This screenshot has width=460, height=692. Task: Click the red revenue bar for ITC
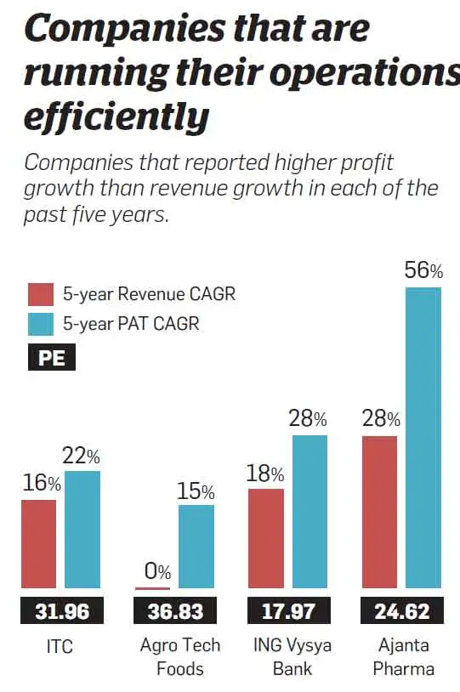click(38, 544)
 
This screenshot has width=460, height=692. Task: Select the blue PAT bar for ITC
click(82, 530)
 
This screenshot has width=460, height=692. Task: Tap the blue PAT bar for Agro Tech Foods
click(196, 547)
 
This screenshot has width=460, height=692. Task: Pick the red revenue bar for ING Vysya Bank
click(265, 539)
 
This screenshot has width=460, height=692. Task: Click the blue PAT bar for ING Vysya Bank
click(310, 512)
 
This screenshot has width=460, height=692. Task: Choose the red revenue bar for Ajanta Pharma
click(379, 513)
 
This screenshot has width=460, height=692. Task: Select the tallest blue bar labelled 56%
click(423, 438)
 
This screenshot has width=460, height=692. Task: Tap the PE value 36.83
click(174, 610)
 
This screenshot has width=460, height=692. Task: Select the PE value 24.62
click(401, 610)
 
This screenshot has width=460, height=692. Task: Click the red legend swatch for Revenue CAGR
click(41, 295)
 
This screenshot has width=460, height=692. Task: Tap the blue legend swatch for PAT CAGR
click(41, 324)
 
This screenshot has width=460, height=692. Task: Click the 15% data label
click(196, 491)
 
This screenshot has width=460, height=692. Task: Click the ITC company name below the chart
click(60, 646)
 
